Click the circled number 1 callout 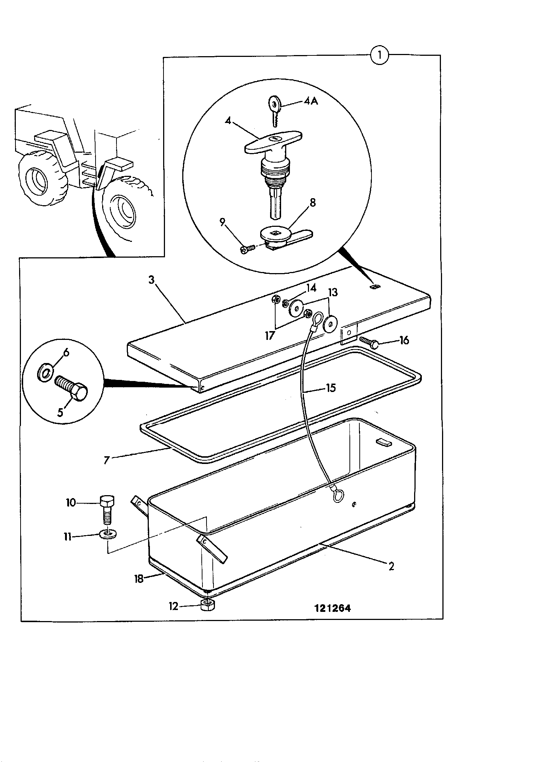(x=379, y=56)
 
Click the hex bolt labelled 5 (x=72, y=389)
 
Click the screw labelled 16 (x=369, y=342)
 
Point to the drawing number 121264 (x=333, y=608)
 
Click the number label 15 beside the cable (x=331, y=388)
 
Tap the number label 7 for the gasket (x=107, y=460)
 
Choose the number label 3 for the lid (x=151, y=280)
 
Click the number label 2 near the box (x=391, y=566)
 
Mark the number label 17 (x=270, y=335)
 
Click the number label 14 (x=311, y=288)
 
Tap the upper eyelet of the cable (x=317, y=317)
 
